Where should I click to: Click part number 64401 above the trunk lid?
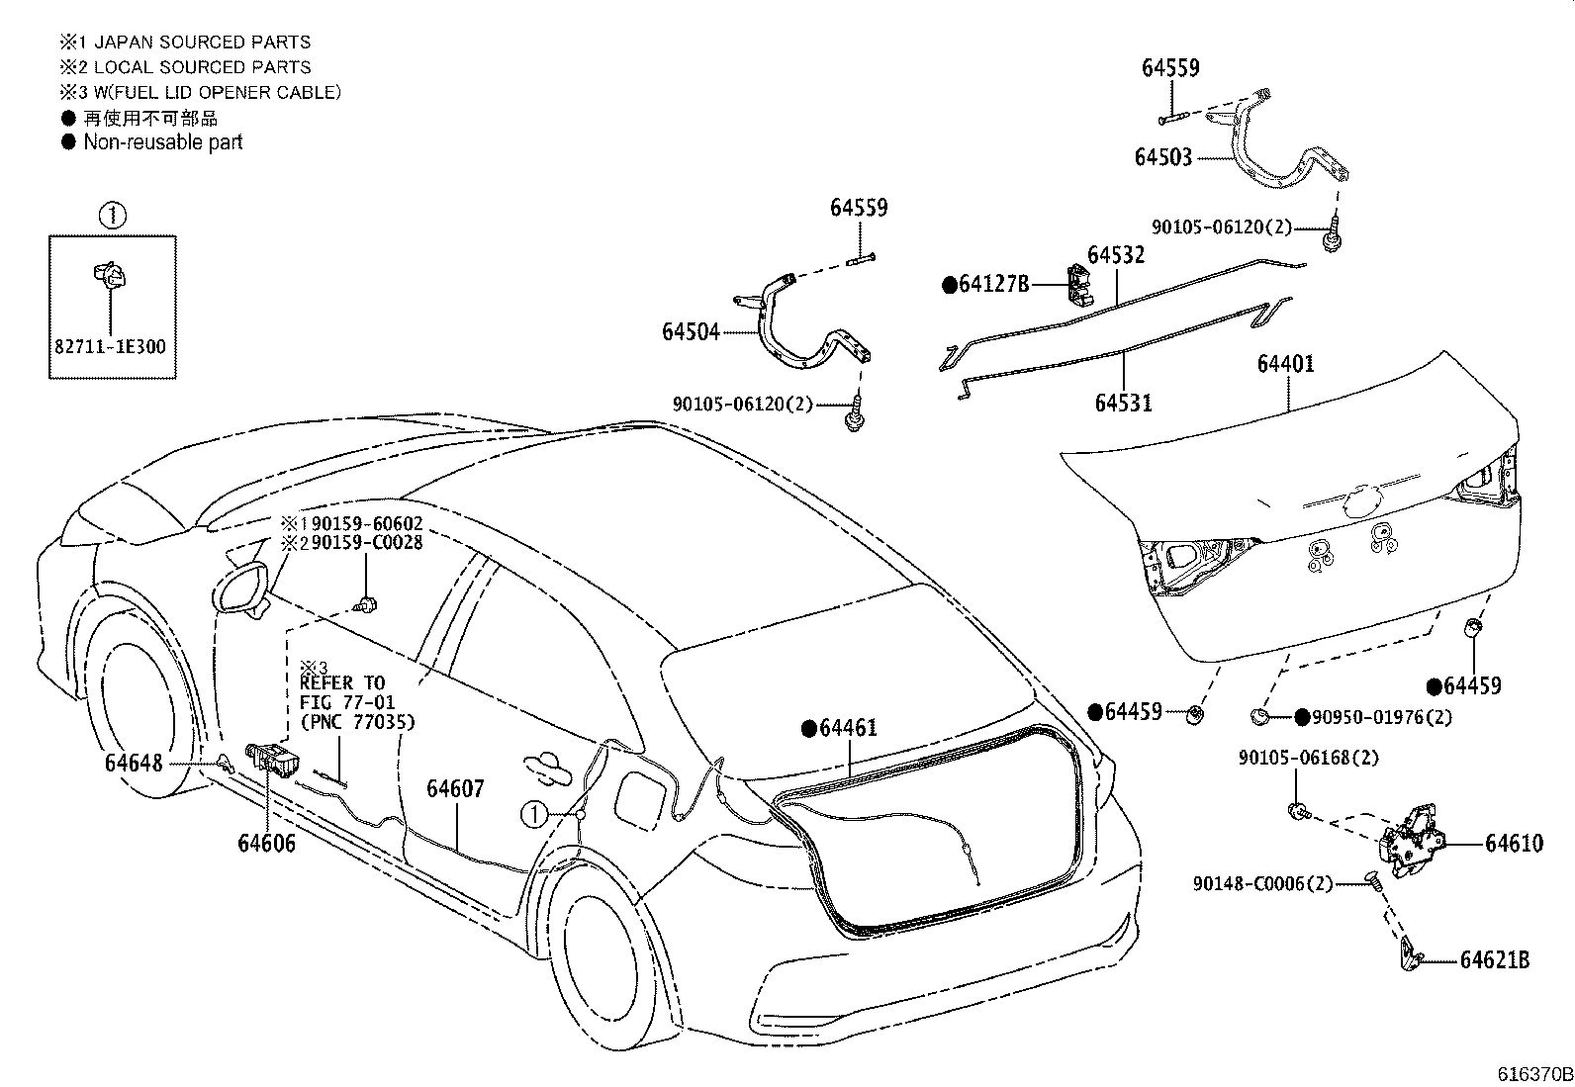(1285, 364)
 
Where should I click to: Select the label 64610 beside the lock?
(1513, 843)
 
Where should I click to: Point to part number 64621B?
(1495, 959)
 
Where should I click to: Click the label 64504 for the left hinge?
(691, 331)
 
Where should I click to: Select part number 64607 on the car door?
(455, 788)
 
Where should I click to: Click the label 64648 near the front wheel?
(134, 764)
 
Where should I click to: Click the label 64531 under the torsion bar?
(1123, 403)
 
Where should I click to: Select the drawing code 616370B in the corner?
(1533, 1074)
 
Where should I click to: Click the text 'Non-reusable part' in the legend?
(162, 142)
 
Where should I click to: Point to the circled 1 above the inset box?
(113, 215)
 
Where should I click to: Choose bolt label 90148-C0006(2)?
(1262, 883)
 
